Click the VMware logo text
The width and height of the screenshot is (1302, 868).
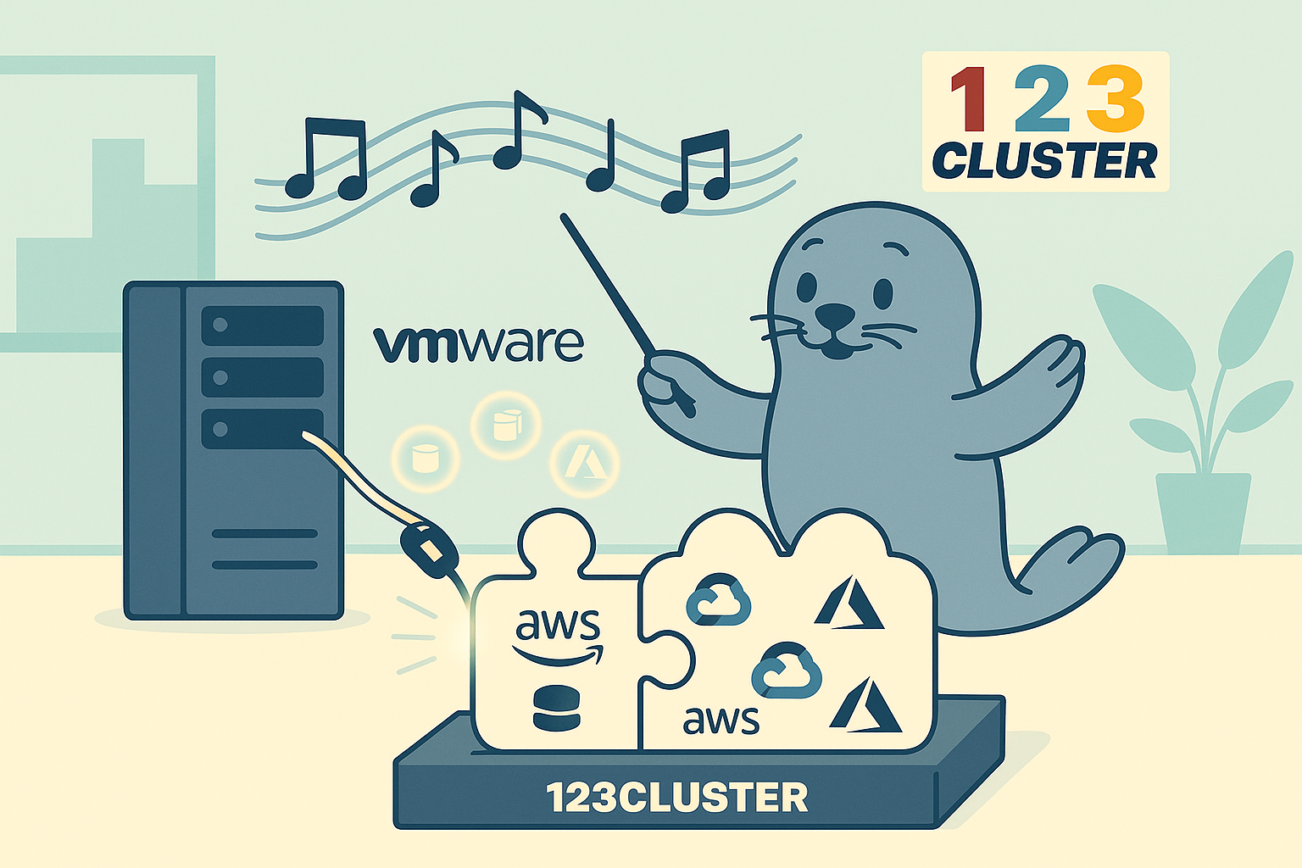478,342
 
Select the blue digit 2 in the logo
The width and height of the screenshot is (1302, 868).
1042,99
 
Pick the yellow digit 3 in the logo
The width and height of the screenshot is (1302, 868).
1115,99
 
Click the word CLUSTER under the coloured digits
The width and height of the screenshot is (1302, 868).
1044,160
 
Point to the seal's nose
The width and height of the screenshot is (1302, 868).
835,314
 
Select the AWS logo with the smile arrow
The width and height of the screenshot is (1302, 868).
558,636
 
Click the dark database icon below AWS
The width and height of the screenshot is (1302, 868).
557,709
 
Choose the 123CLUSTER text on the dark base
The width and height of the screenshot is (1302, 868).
676,798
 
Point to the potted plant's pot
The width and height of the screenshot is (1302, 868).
1203,513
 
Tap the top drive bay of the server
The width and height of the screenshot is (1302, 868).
262,325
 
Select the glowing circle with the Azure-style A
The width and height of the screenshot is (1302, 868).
585,463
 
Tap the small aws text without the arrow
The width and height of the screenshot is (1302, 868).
721,719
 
